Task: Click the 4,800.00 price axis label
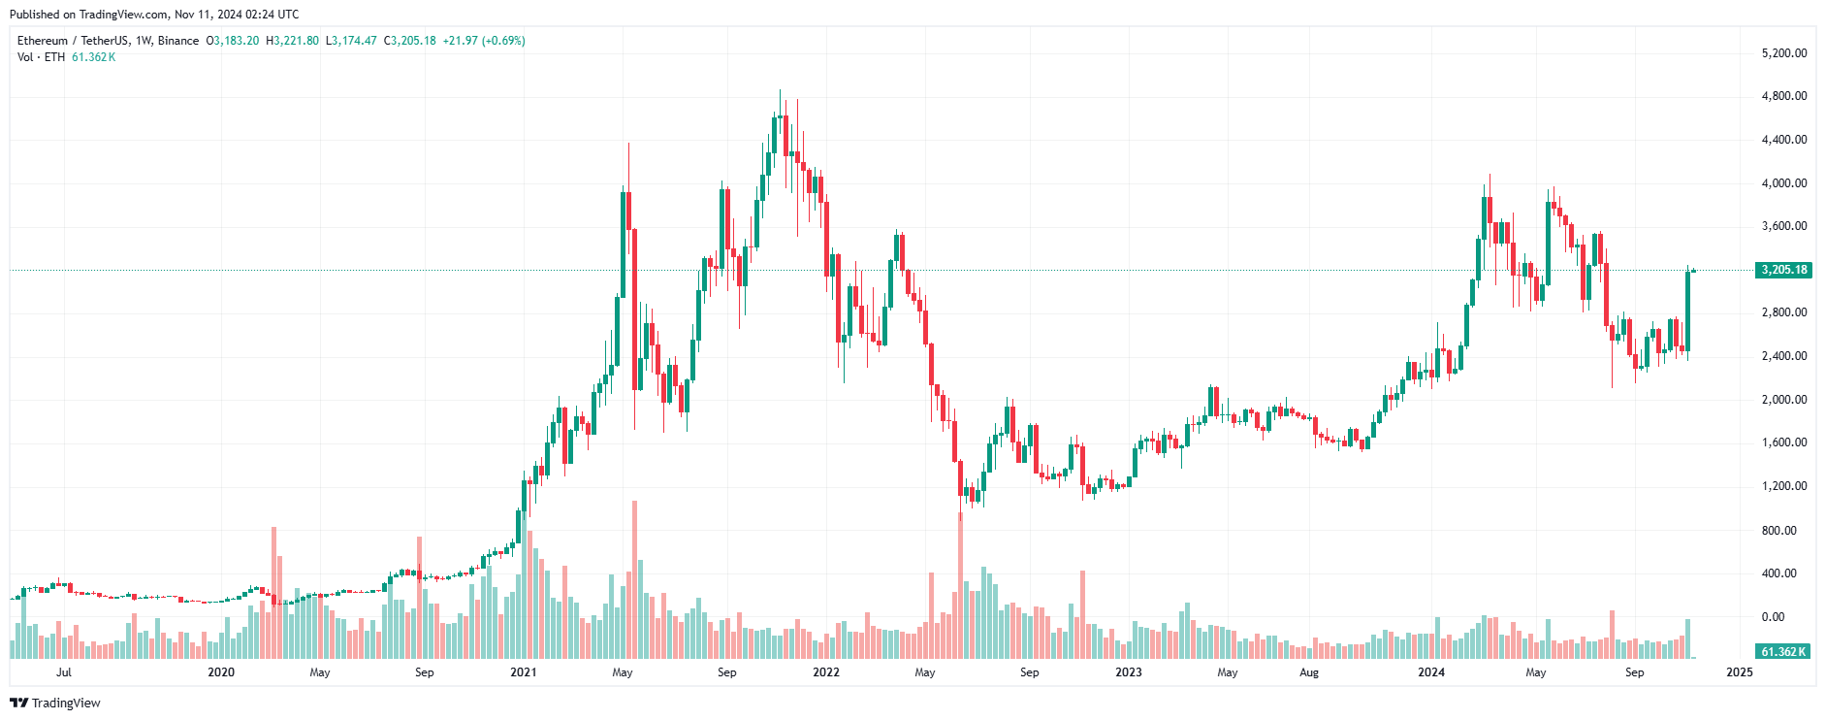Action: pyautogui.click(x=1783, y=96)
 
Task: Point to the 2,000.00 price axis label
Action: pyautogui.click(x=1783, y=400)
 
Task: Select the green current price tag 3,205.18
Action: pyautogui.click(x=1783, y=270)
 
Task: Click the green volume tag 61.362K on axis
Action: pyautogui.click(x=1783, y=652)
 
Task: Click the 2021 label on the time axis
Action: pyautogui.click(x=524, y=672)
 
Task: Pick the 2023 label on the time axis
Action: pyautogui.click(x=1129, y=672)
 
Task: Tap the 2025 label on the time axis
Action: pyautogui.click(x=1740, y=672)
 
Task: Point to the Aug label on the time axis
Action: pyautogui.click(x=1309, y=672)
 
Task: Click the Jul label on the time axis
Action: pyautogui.click(x=64, y=672)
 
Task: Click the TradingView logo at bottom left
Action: pyautogui.click(x=55, y=703)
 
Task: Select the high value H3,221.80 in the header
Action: pyautogui.click(x=293, y=41)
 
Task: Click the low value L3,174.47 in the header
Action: pyautogui.click(x=351, y=41)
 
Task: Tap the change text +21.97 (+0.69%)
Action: pyautogui.click(x=484, y=41)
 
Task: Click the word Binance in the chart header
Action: pyautogui.click(x=178, y=41)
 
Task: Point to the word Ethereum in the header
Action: pyautogui.click(x=43, y=41)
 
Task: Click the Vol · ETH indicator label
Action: pyautogui.click(x=41, y=57)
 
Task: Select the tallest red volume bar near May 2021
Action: pyautogui.click(x=634, y=582)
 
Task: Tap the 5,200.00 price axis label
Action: pyautogui.click(x=1783, y=53)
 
